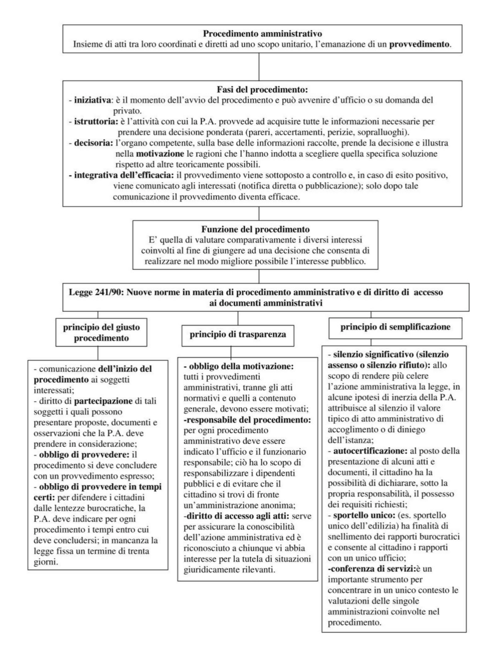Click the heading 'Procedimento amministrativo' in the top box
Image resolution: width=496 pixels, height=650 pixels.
point(262,34)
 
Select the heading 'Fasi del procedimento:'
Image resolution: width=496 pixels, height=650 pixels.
point(262,90)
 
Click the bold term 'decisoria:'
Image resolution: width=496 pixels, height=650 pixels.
point(93,143)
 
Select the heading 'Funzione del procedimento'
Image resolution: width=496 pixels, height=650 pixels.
point(255,229)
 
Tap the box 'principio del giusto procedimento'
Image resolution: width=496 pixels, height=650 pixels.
point(102,332)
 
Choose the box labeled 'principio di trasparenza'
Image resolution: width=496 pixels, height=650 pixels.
point(238,334)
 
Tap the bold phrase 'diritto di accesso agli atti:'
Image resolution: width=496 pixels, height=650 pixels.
point(238,516)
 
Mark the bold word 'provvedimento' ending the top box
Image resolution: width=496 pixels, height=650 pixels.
point(419,44)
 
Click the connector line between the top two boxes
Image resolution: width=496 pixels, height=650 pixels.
point(259,67)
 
